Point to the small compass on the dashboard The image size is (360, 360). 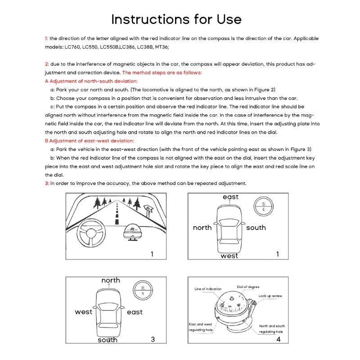click(x=134, y=231)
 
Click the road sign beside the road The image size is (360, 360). click(x=148, y=209)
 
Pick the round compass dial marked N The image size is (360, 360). click(x=143, y=290)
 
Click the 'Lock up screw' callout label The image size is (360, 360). click(x=270, y=296)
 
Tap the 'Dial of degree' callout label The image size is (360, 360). click(x=248, y=287)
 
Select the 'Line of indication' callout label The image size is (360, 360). click(x=208, y=289)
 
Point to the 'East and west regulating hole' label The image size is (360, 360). click(x=200, y=327)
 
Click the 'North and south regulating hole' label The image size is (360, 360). click(x=272, y=328)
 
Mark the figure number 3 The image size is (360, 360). click(x=153, y=339)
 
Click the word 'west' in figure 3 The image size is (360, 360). click(x=83, y=312)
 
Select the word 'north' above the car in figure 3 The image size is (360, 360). click(x=111, y=280)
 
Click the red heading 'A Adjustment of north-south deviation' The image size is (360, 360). click(x=91, y=81)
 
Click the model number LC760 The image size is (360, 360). click(x=74, y=47)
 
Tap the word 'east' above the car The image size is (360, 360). click(x=230, y=197)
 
